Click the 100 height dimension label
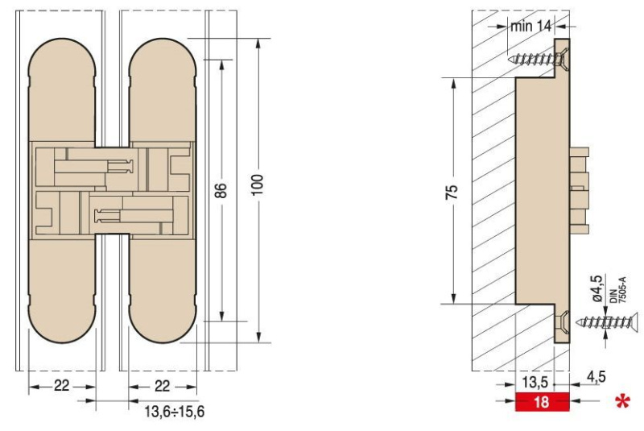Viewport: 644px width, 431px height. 258,185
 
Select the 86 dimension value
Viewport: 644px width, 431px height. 221,190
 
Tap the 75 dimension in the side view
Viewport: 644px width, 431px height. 452,193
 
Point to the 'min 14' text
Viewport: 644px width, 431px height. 530,27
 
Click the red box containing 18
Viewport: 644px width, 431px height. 542,401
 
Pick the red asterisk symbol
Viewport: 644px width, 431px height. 622,401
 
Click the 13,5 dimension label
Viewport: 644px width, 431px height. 535,382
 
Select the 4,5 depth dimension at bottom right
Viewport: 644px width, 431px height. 596,377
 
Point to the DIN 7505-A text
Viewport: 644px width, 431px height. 617,290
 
